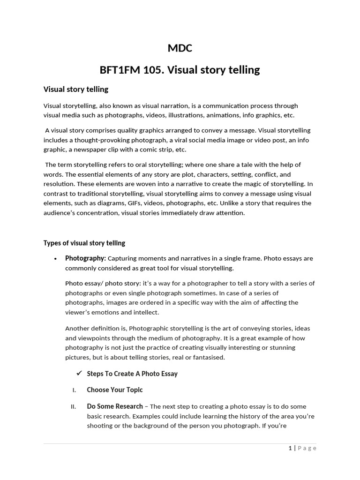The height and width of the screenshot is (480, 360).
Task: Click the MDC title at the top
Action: pyautogui.click(x=180, y=48)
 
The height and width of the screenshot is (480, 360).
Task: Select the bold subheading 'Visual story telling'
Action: pyautogui.click(x=76, y=89)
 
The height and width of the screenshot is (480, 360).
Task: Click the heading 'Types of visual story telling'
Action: pyautogui.click(x=84, y=243)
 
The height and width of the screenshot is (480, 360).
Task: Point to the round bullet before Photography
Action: pyautogui.click(x=55, y=259)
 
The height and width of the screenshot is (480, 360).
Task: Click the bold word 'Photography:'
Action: pyautogui.click(x=86, y=258)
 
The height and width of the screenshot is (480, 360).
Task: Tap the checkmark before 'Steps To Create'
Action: pyautogui.click(x=78, y=373)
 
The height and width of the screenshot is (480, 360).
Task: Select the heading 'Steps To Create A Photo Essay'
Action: pyautogui.click(x=132, y=374)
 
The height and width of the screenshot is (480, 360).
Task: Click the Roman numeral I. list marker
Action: pyautogui.click(x=74, y=390)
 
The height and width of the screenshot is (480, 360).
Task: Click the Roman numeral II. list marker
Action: pyautogui.click(x=73, y=407)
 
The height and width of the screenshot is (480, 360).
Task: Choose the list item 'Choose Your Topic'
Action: pyautogui.click(x=115, y=390)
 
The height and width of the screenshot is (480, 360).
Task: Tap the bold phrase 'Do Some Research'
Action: pyautogui.click(x=115, y=406)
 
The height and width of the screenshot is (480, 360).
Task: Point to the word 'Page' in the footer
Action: pyautogui.click(x=307, y=448)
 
